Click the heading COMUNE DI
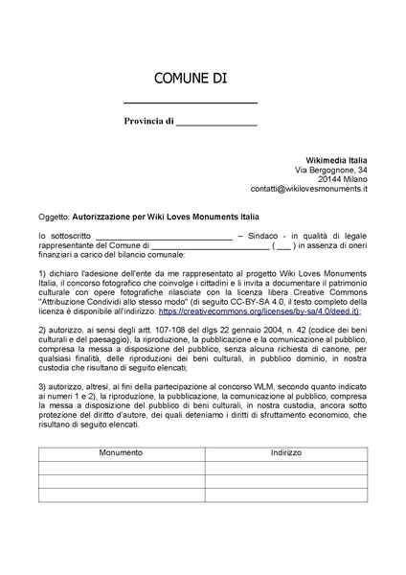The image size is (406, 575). coord(191,78)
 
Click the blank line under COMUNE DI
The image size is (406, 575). coord(191,102)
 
